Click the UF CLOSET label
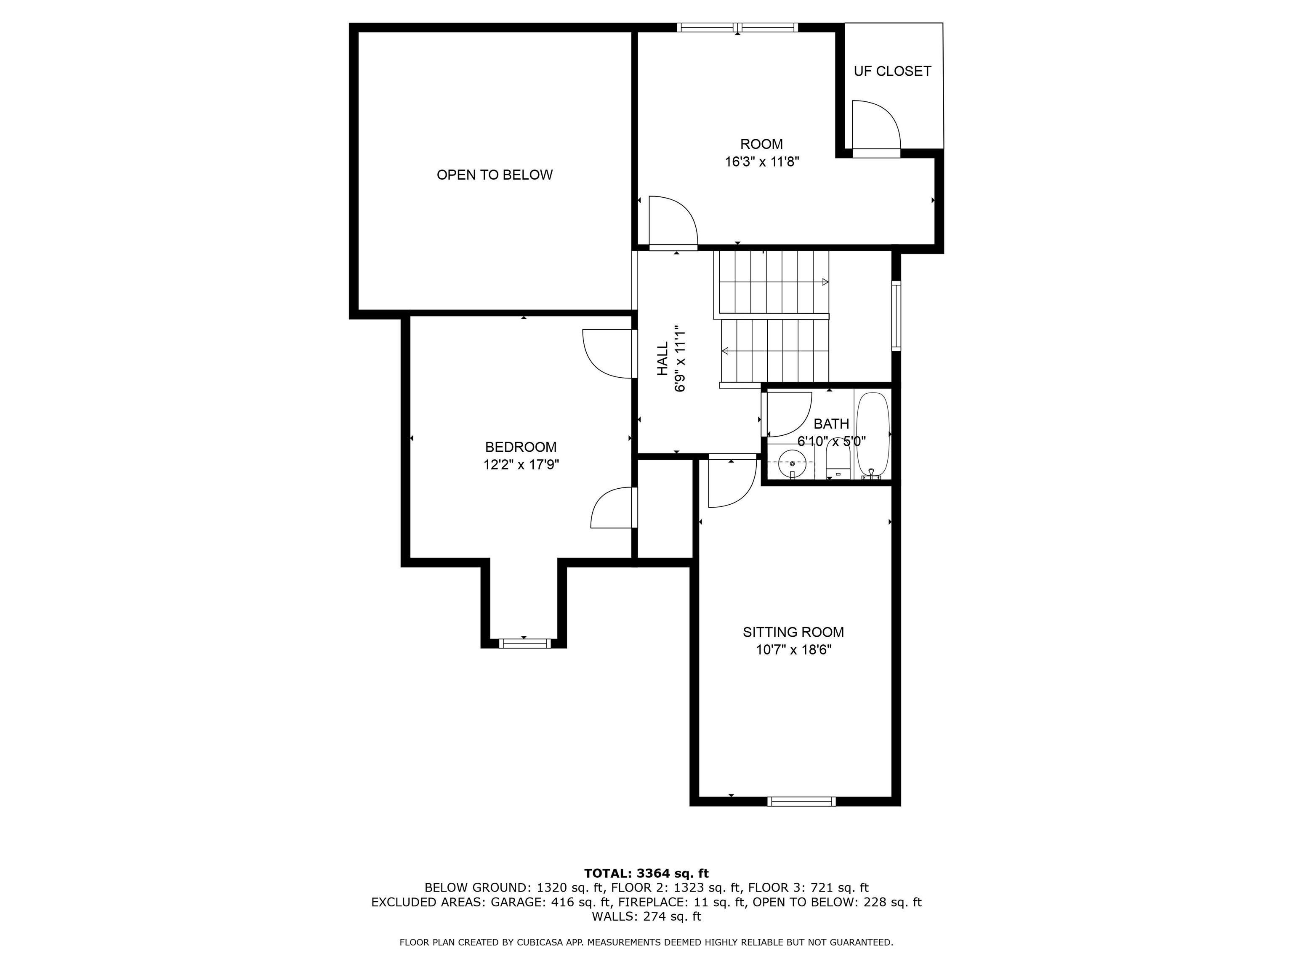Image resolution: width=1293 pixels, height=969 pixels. click(892, 71)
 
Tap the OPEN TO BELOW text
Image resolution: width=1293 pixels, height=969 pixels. click(495, 175)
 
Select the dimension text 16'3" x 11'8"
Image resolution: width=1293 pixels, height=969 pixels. click(762, 162)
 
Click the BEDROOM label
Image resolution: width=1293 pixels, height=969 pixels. click(521, 447)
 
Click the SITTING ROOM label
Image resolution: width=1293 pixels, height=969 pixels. click(793, 632)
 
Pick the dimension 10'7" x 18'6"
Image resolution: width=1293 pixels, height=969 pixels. click(793, 650)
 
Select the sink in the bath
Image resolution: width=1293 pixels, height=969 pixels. click(793, 463)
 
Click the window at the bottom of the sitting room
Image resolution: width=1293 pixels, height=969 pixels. click(801, 801)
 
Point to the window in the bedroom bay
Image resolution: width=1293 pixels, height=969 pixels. click(524, 643)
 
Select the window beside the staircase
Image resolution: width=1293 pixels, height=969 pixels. click(896, 316)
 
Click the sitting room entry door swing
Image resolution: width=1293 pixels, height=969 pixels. click(732, 484)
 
